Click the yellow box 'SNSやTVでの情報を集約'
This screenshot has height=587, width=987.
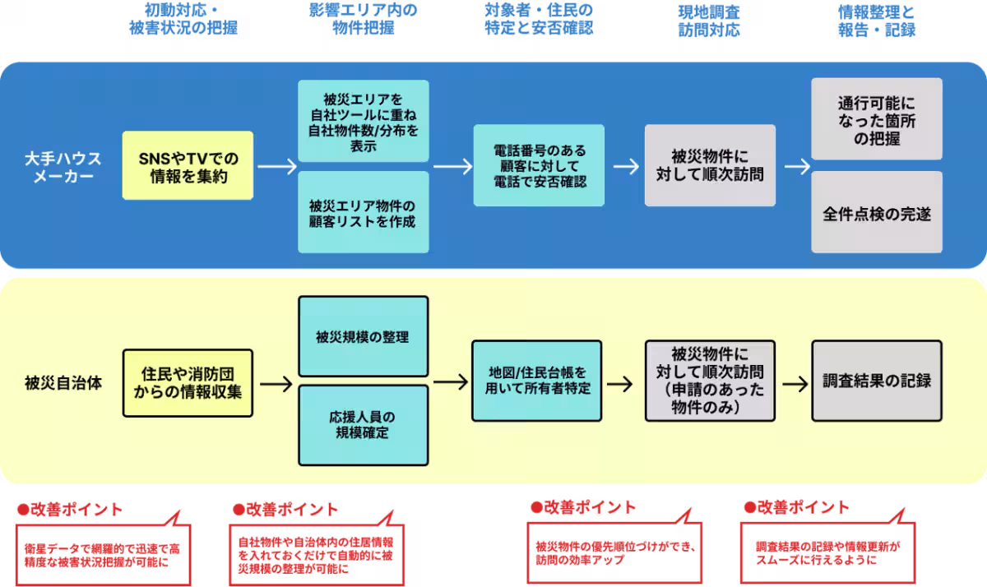pyautogui.click(x=188, y=165)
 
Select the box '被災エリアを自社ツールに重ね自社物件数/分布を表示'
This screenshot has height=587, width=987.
pyautogui.click(x=363, y=121)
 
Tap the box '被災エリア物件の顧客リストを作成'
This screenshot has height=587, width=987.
pyautogui.click(x=363, y=212)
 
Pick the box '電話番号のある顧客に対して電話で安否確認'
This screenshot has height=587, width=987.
pyautogui.click(x=539, y=165)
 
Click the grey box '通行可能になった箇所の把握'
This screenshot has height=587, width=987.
pyautogui.click(x=876, y=118)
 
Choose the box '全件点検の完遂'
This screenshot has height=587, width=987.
pyautogui.click(x=876, y=212)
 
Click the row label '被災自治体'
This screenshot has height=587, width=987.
pyautogui.click(x=63, y=383)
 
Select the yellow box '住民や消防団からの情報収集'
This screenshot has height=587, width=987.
pyautogui.click(x=188, y=383)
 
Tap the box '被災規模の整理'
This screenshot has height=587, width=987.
pyautogui.click(x=363, y=336)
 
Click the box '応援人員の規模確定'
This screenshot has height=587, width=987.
pyautogui.click(x=363, y=425)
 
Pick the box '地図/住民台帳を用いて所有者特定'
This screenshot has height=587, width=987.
pyautogui.click(x=539, y=381)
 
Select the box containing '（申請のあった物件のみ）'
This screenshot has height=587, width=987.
pyautogui.click(x=710, y=380)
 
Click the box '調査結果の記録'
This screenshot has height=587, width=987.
pyautogui.click(x=876, y=381)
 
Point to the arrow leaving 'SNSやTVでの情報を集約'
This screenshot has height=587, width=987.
pyautogui.click(x=276, y=165)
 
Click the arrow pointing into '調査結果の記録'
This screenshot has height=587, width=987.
pyautogui.click(x=795, y=383)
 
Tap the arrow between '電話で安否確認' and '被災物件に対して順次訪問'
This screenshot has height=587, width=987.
pyautogui.click(x=625, y=165)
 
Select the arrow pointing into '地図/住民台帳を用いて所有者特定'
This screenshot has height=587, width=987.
pyautogui.click(x=450, y=382)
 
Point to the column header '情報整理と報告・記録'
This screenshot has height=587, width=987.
pyautogui.click(x=876, y=20)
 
